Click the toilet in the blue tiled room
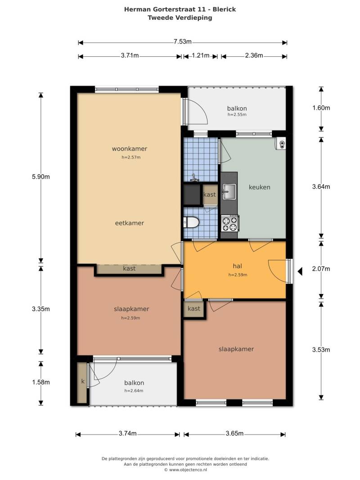tap(191, 222)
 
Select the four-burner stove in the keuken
tap(230, 223)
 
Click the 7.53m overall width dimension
tap(183, 41)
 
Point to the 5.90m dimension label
tap(40, 177)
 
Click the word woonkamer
tap(130, 149)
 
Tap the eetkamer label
tap(130, 223)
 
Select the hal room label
tap(237, 266)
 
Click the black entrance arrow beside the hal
tap(300, 271)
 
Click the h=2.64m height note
tap(134, 390)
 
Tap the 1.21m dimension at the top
tap(201, 55)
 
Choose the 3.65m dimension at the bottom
tap(234, 433)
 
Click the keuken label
tap(259, 187)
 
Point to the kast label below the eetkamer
tap(129, 268)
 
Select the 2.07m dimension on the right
tap(321, 269)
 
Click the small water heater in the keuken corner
tap(280, 144)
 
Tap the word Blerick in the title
tap(224, 9)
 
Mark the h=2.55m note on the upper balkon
tap(237, 114)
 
